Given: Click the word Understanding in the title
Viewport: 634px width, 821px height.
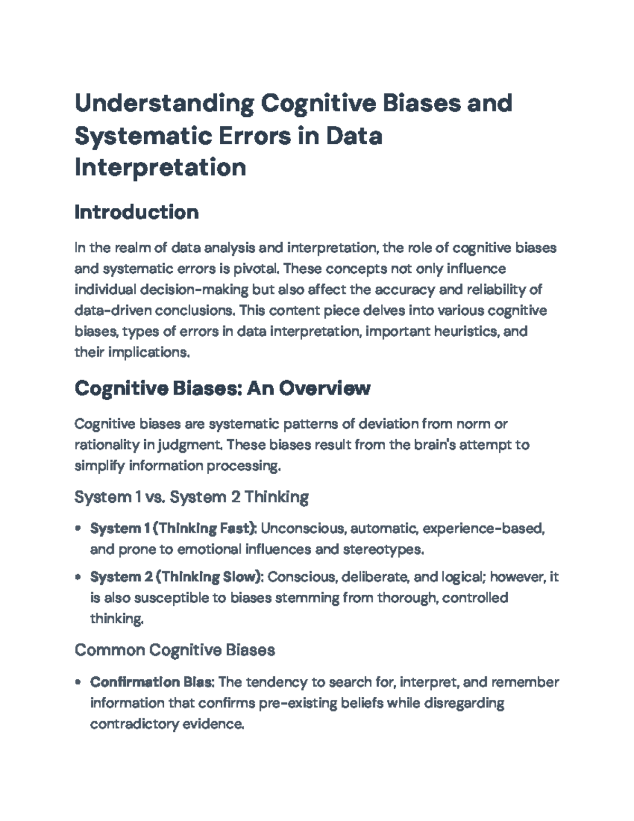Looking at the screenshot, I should click(x=164, y=104).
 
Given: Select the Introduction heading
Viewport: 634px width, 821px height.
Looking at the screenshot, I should click(x=136, y=213).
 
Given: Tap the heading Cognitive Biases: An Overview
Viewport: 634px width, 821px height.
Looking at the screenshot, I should click(x=222, y=389).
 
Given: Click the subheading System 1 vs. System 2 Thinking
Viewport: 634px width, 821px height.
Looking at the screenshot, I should click(x=191, y=497).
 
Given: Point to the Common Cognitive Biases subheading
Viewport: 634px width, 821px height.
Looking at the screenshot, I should click(x=174, y=650).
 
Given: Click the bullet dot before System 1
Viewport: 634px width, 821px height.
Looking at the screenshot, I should click(x=78, y=528).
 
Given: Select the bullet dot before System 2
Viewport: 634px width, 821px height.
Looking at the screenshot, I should click(x=78, y=577).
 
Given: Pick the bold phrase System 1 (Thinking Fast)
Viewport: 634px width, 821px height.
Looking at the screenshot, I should click(x=173, y=528).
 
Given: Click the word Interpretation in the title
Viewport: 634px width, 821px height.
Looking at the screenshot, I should click(x=160, y=168).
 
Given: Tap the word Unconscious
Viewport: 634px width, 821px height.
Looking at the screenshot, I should click(x=303, y=528).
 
